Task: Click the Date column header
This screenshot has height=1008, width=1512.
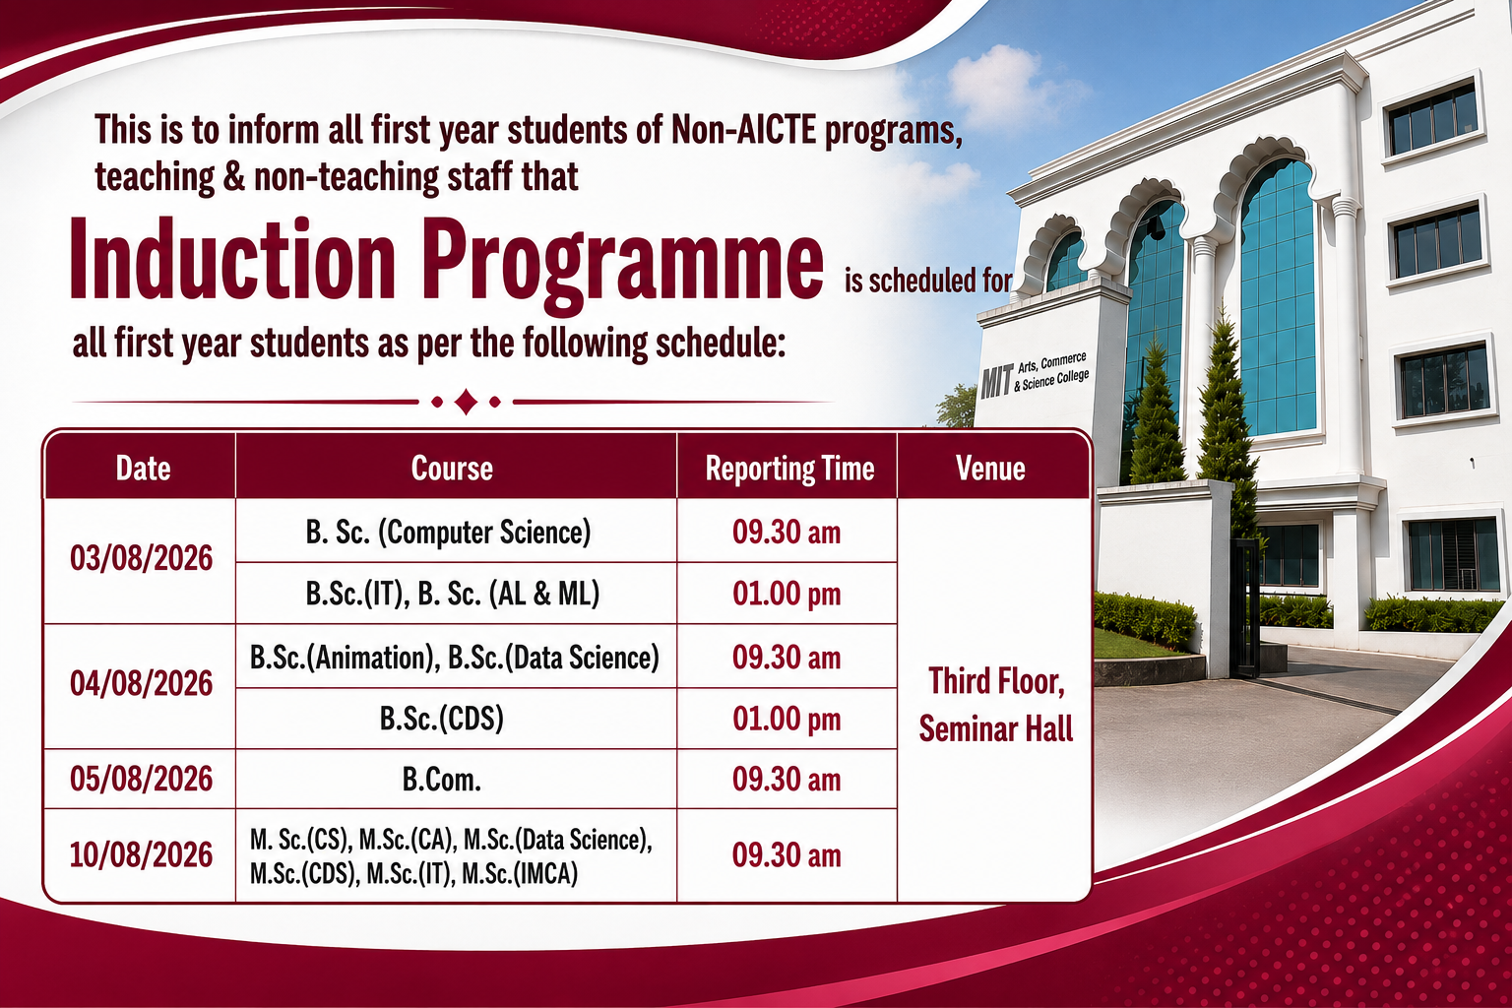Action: click(x=143, y=468)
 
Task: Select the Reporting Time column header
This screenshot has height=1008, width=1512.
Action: click(x=789, y=469)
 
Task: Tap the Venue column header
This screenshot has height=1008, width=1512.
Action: click(x=990, y=468)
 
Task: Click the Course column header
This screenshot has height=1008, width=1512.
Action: click(x=452, y=468)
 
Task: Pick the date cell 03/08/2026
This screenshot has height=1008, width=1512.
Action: click(x=141, y=559)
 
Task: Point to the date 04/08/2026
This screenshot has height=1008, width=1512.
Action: click(x=141, y=683)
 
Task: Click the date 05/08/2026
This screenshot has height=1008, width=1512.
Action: click(x=141, y=779)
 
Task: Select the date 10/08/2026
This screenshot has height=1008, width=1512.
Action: click(x=141, y=854)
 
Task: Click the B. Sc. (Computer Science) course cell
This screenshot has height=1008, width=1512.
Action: click(x=448, y=532)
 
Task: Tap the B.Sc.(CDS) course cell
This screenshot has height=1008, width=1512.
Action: click(x=442, y=719)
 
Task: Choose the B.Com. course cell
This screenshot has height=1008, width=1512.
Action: click(x=442, y=780)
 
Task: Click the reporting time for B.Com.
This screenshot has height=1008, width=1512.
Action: click(x=787, y=780)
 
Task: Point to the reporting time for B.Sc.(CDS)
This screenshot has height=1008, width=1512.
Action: click(x=787, y=719)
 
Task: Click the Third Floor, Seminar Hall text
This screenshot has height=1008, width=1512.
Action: click(x=996, y=705)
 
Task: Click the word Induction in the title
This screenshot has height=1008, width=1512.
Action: click(x=232, y=259)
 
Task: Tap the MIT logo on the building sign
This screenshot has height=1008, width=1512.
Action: click(x=997, y=382)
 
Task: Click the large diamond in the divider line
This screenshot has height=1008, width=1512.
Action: click(x=466, y=402)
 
